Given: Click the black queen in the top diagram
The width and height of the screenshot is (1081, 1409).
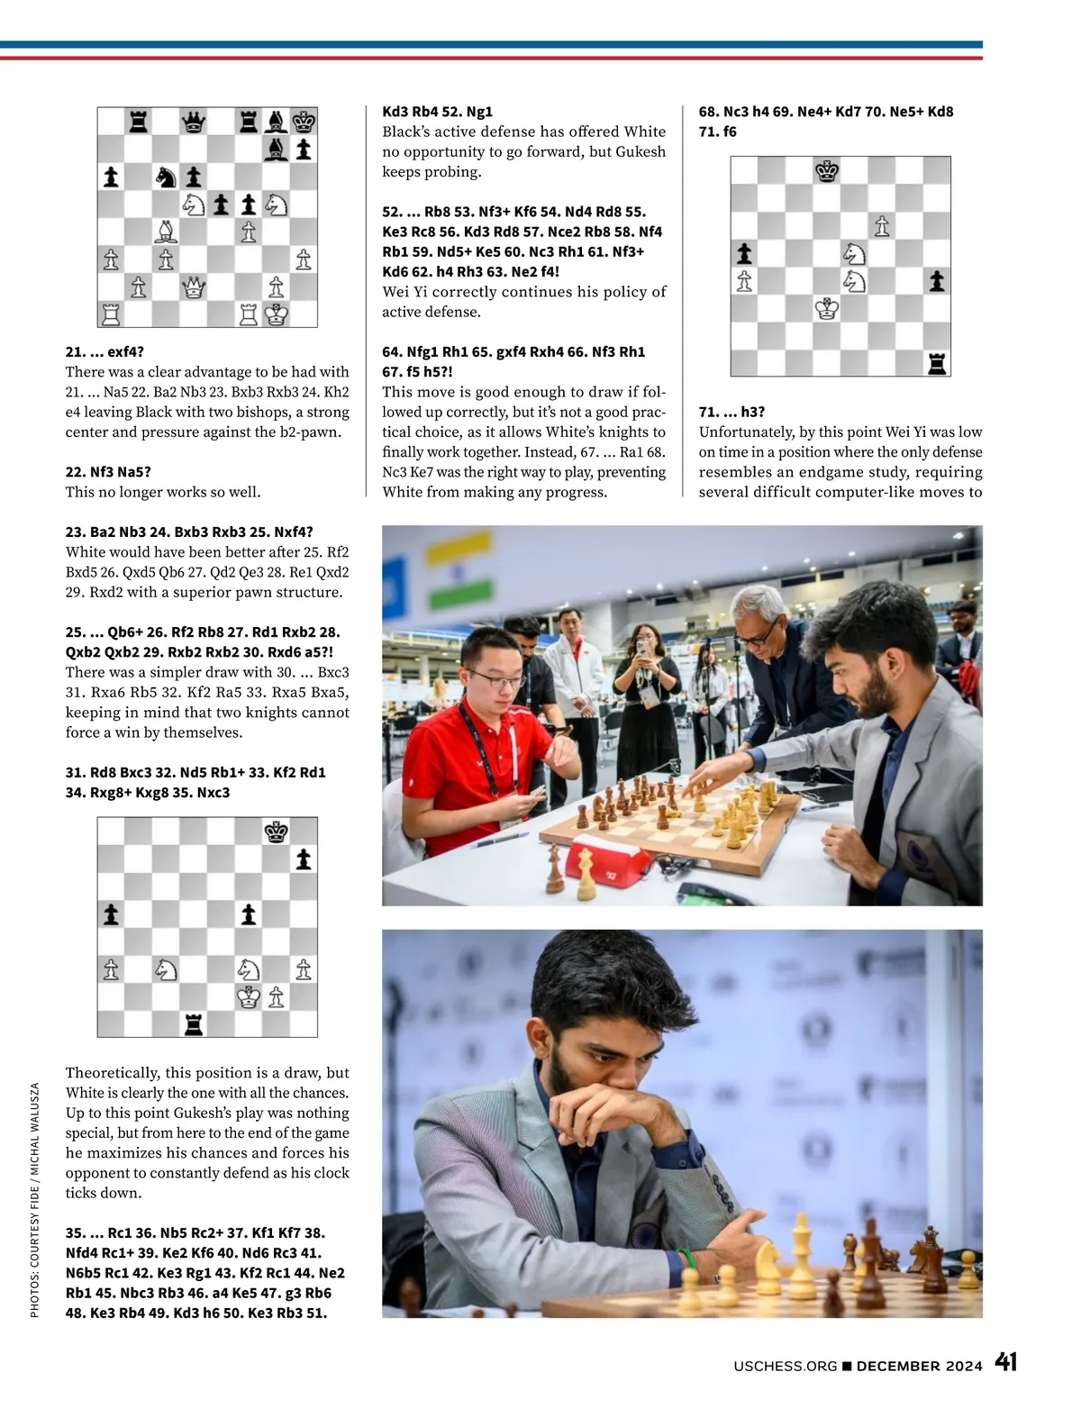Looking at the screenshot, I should pyautogui.click(x=193, y=122).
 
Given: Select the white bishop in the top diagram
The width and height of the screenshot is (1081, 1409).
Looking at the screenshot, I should pyautogui.click(x=166, y=232).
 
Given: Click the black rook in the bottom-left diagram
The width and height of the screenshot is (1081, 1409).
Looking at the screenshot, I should pyautogui.click(x=193, y=1023).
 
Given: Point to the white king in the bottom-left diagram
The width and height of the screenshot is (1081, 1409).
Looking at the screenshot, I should pyautogui.click(x=248, y=996).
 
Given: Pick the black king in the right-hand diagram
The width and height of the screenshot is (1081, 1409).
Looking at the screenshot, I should pyautogui.click(x=827, y=170).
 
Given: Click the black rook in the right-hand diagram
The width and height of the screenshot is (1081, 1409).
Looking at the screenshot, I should pyautogui.click(x=937, y=363).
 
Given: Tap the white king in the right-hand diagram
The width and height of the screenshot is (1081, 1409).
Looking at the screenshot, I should pyautogui.click(x=827, y=309).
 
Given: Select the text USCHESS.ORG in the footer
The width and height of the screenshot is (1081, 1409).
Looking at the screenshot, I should pyautogui.click(x=785, y=1366).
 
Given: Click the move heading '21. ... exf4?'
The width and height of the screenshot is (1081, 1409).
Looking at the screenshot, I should pyautogui.click(x=104, y=351).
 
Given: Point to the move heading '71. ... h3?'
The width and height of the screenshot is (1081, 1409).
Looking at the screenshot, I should pyautogui.click(x=731, y=412).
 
